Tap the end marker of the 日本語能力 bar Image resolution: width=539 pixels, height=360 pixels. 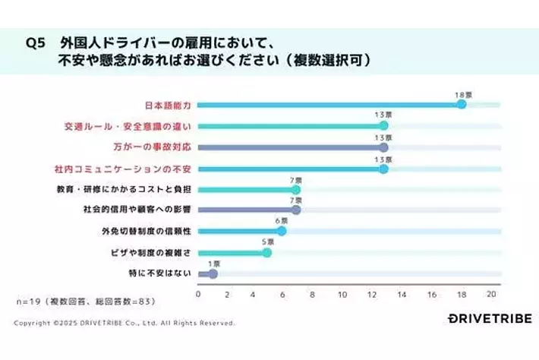coord(462,104)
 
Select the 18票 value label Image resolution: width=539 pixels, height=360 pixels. coord(462,95)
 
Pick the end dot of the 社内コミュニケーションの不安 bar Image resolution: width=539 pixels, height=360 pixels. coord(383,169)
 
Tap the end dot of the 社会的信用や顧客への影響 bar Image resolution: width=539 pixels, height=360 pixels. coord(296,210)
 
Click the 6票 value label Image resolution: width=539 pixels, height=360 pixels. coord(281,221)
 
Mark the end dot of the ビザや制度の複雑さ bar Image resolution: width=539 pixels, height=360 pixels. coord(266,252)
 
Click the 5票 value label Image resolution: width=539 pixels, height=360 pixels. coord(266,242)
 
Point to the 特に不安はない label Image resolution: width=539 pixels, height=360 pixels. coord(161,273)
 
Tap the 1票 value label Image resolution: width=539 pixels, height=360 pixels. coord(213,264)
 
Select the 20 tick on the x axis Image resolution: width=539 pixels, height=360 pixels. coord(491,294)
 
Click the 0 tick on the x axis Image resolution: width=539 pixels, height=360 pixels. coord(199,294)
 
